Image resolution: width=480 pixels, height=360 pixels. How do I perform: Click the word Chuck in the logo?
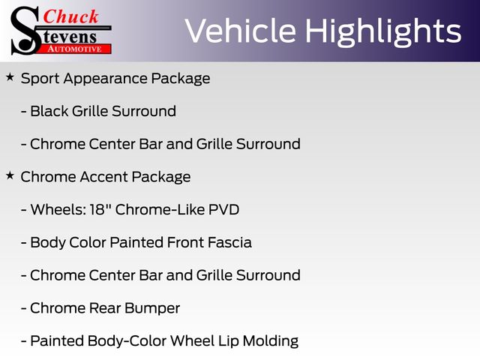(70, 16)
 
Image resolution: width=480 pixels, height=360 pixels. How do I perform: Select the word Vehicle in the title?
(241, 31)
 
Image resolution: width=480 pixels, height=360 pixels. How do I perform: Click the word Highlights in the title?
(383, 31)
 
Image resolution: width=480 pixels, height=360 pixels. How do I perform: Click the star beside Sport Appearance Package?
(10, 77)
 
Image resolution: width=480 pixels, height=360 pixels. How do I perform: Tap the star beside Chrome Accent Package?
(10, 175)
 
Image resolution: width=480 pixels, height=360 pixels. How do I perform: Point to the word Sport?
(40, 79)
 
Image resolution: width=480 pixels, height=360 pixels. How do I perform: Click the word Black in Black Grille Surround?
(49, 111)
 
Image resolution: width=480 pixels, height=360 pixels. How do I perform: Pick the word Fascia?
(229, 242)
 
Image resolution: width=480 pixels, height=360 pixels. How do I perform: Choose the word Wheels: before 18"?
(58, 210)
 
